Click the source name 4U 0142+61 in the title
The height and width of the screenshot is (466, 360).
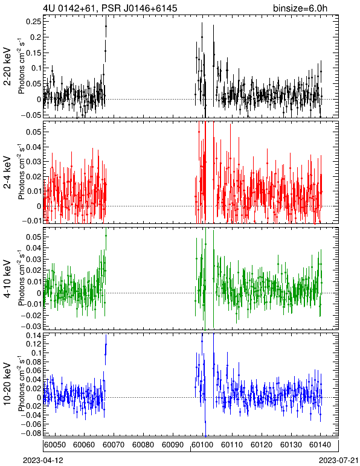click(69, 8)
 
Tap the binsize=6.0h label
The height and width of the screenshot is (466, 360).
click(300, 8)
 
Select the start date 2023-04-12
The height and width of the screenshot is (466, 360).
click(43, 461)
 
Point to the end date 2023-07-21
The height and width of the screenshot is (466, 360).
click(339, 461)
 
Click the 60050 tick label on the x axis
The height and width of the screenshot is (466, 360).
click(55, 445)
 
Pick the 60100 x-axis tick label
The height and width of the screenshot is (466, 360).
click(203, 445)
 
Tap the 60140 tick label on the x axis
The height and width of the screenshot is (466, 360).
click(321, 445)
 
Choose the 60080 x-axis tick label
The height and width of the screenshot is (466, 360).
click(143, 445)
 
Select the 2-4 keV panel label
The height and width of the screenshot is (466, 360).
click(8, 172)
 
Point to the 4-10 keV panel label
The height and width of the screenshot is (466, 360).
click(8, 279)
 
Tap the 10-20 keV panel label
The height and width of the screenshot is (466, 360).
click(8, 384)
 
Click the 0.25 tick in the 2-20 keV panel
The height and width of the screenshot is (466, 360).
click(34, 22)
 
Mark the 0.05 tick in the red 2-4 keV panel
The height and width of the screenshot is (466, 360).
click(34, 132)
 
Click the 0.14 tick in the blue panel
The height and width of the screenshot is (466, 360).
click(34, 336)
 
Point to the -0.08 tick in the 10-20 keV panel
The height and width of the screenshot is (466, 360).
click(31, 433)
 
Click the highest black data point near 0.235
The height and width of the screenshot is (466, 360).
click(106, 26)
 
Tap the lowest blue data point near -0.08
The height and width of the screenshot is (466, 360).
click(205, 436)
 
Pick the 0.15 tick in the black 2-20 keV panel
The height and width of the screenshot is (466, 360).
click(34, 53)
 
